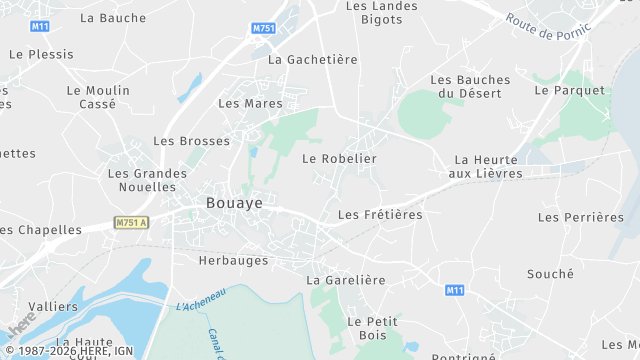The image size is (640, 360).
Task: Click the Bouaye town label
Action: point(234,203)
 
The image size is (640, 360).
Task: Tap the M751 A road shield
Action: point(130,222)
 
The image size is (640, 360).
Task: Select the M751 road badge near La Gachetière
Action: point(263,28)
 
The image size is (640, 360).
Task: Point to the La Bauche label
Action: point(112,18)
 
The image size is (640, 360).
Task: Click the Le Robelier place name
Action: point(339,158)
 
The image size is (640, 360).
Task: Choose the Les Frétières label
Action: point(380,214)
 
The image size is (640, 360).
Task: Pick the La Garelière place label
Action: point(346,280)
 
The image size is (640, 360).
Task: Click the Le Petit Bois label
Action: point(372,329)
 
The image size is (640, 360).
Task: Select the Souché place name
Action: point(550,273)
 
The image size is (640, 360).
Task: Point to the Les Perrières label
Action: point(580,217)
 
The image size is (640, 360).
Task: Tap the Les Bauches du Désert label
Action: point(469,86)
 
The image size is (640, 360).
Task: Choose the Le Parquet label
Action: point(570,90)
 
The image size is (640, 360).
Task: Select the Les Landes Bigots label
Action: point(381,12)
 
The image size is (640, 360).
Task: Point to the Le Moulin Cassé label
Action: point(98,97)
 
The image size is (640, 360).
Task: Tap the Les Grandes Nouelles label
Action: point(147,180)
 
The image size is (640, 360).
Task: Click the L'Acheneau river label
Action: point(200,297)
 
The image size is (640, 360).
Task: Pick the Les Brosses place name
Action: point(191,141)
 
